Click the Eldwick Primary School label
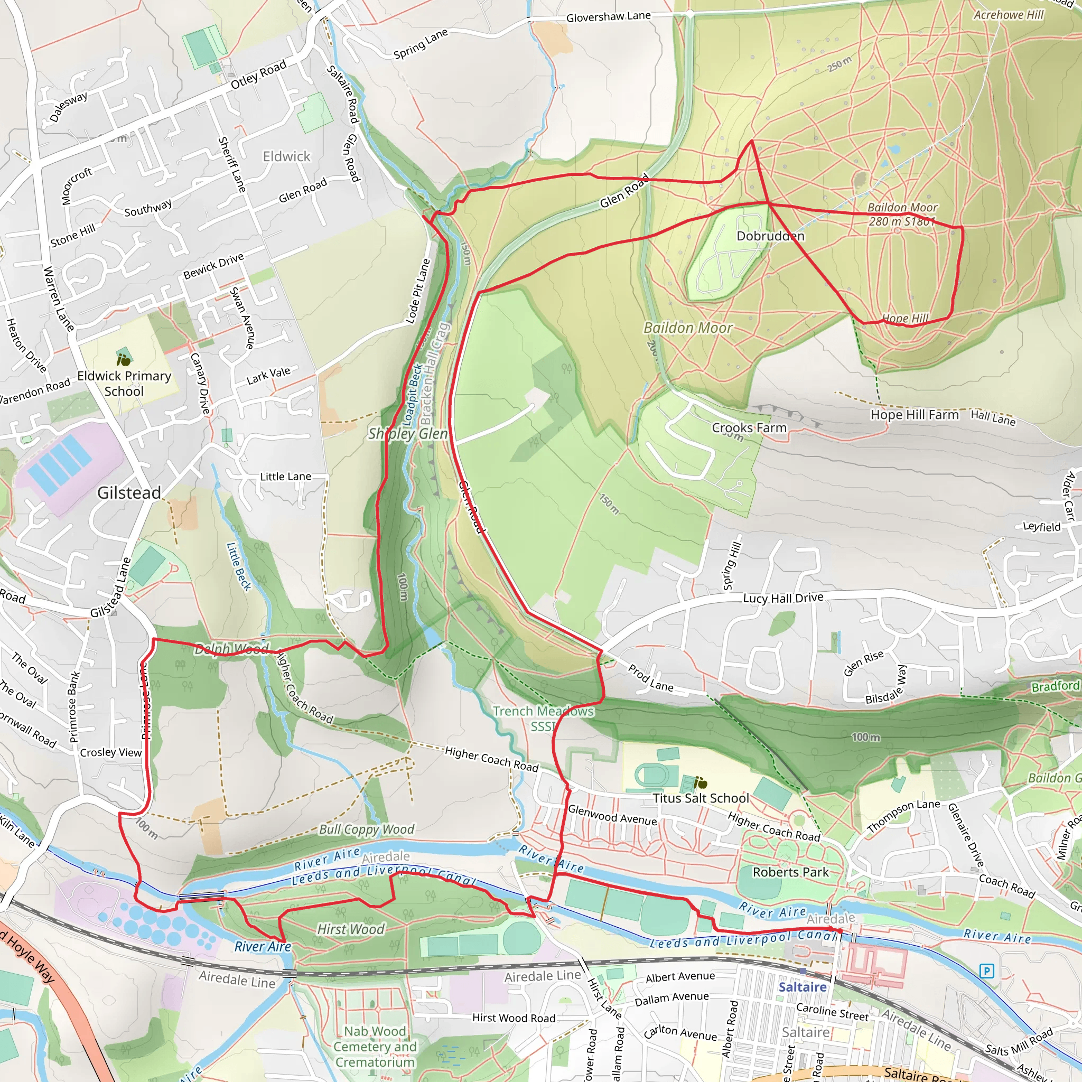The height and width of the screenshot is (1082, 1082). pos(124,384)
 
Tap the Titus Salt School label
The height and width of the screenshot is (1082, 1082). pos(701,798)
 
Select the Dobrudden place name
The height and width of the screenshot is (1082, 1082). pos(770,236)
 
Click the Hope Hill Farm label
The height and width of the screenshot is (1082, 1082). pos(914,414)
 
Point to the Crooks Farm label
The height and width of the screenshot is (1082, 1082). pos(749,428)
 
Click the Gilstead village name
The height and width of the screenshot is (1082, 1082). pos(129,493)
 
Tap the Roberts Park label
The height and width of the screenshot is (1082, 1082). pos(790,872)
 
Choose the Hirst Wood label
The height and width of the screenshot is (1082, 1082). pos(351,929)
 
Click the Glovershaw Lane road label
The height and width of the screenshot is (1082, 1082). pos(608,17)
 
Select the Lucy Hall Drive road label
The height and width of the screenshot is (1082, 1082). pos(783,598)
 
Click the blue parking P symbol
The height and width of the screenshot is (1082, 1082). pos(987,970)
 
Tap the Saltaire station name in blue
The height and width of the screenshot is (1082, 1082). pos(802,987)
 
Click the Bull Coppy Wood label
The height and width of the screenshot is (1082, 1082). pos(367,829)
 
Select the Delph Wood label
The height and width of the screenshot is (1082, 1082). pos(231,649)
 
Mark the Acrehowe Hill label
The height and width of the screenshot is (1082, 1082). pos(1009,15)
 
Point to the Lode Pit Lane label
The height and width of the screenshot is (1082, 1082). pos(418,291)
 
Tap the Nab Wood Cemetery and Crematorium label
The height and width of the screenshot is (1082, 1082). pos(375,1046)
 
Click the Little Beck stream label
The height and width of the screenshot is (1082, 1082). pos(239,566)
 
